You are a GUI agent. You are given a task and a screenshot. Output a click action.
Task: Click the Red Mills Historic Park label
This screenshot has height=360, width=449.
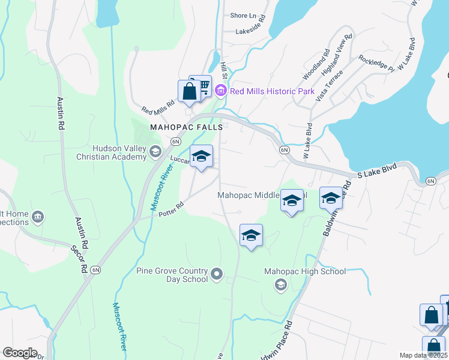pyautogui.click(x=273, y=91)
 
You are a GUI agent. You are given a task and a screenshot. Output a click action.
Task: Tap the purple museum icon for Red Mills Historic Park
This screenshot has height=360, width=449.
pyautogui.click(x=221, y=91)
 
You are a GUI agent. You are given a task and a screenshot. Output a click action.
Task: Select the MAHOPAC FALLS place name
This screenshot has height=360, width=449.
pyautogui.click(x=186, y=127)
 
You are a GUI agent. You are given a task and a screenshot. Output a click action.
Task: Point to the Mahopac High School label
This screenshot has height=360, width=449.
pyautogui.click(x=306, y=271)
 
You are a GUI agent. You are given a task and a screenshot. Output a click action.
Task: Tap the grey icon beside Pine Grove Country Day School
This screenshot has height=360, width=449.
pyautogui.click(x=217, y=275)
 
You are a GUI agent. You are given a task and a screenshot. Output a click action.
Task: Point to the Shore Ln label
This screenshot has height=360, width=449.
pyautogui.click(x=243, y=16)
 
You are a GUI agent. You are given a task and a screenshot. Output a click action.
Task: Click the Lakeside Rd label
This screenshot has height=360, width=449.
pyautogui.click(x=250, y=29)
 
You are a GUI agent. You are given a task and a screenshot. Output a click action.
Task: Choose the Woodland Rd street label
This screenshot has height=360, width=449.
pyautogui.click(x=316, y=65)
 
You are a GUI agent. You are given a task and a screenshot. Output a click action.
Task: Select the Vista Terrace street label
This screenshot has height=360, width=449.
pyautogui.click(x=331, y=86)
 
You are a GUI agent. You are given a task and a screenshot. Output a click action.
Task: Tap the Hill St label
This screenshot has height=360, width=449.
pyautogui.click(x=224, y=70)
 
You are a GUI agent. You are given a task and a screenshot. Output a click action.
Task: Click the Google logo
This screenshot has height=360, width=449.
pyautogui.click(x=19, y=353)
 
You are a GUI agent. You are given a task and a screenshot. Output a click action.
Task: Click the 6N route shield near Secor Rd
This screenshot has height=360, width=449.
pyautogui.click(x=96, y=270)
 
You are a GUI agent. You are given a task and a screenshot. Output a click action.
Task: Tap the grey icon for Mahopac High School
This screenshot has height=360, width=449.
pyautogui.click(x=280, y=285)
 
